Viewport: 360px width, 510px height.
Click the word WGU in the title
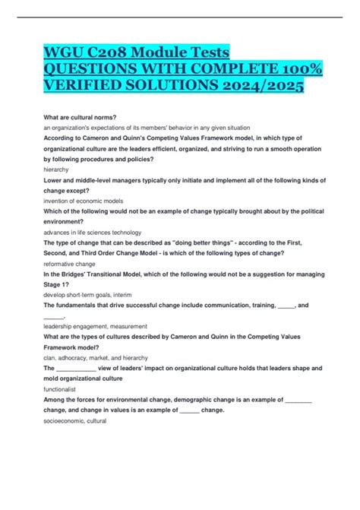(x=67, y=52)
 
